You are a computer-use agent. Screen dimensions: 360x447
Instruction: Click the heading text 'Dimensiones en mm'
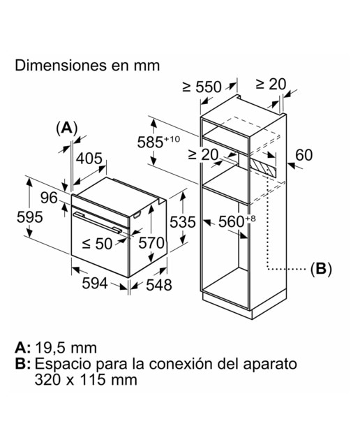[87, 66]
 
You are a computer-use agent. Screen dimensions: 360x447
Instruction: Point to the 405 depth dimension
[89, 159]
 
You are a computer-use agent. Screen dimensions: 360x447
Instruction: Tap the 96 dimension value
[49, 198]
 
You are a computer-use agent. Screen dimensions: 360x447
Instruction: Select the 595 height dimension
[29, 217]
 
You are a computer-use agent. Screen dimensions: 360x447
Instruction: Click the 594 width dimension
[95, 284]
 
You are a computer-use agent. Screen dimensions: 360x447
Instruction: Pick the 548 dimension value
[159, 285]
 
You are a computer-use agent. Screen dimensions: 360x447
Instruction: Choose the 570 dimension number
[151, 243]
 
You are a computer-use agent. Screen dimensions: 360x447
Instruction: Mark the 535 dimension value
[183, 222]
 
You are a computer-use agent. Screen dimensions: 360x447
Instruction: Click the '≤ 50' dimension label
[97, 244]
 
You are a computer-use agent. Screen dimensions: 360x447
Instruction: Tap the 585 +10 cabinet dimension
[158, 142]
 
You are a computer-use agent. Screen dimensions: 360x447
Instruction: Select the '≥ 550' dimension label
[202, 87]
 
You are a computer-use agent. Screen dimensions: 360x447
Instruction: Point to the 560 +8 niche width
[237, 222]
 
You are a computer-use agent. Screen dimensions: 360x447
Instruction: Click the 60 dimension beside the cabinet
[303, 155]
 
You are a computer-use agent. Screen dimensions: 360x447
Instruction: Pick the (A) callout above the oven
[67, 128]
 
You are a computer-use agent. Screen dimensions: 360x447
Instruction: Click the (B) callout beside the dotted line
[321, 268]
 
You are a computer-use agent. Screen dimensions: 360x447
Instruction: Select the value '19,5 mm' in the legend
[66, 348]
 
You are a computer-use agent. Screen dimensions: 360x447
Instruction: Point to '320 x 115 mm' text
[86, 380]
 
